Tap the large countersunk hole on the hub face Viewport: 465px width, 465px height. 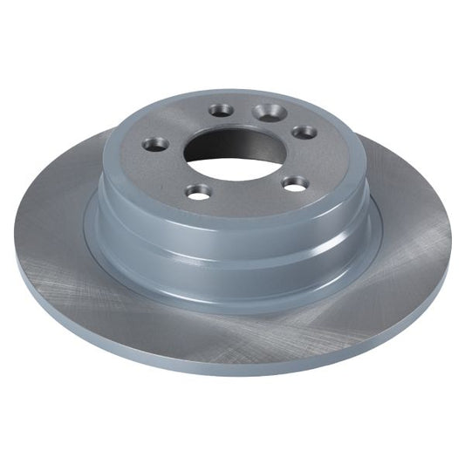click(x=266, y=112)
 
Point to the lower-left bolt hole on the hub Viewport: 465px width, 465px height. click(x=199, y=191)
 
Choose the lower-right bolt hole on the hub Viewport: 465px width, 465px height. click(x=297, y=183)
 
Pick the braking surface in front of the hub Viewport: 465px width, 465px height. click(x=236, y=323)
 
